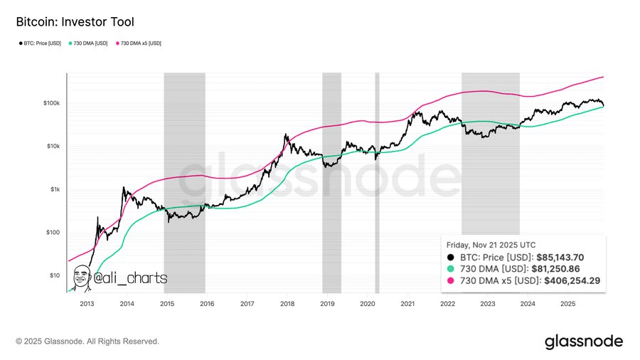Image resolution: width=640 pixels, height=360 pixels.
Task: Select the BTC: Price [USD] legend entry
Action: pyautogui.click(x=41, y=43)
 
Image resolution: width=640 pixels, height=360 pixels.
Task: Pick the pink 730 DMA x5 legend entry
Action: pyautogui.click(x=138, y=43)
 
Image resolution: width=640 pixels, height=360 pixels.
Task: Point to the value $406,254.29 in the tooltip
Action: pyautogui.click(x=572, y=281)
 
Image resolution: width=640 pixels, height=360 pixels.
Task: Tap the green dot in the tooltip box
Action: pyautogui.click(x=449, y=269)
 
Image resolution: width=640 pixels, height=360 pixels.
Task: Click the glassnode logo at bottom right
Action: pyautogui.click(x=583, y=342)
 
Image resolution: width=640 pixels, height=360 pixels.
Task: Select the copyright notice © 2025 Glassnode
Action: pyautogui.click(x=87, y=342)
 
